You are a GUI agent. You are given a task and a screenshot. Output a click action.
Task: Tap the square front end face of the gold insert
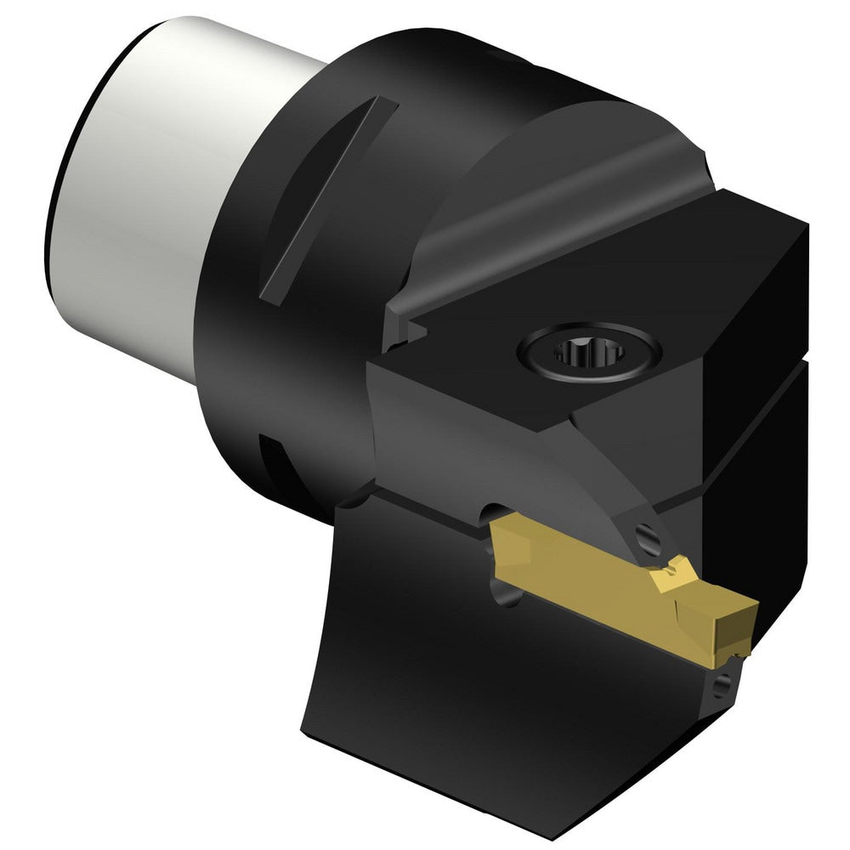click(736, 625)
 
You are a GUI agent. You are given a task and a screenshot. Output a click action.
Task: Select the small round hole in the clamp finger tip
click(648, 537)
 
